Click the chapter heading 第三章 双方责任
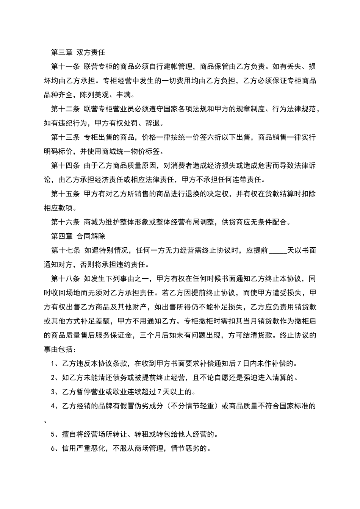coord(78,52)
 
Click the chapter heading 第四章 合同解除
coord(78,236)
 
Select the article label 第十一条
coord(65,67)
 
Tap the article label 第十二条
coord(65,109)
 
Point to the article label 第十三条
coord(65,137)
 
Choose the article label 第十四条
coord(65,166)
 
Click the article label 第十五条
coord(65,194)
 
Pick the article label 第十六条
coord(65,222)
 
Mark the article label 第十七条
coord(65,250)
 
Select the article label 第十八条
coord(65,279)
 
